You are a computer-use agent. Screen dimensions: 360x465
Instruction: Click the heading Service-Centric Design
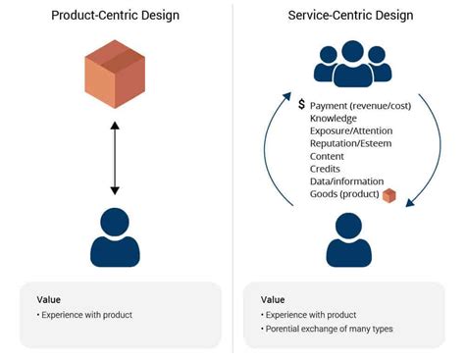(x=350, y=16)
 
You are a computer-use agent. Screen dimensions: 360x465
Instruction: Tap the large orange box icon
(x=114, y=76)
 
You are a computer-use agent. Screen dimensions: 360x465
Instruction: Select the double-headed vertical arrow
(x=115, y=157)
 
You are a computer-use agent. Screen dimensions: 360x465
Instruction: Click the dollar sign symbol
(x=302, y=104)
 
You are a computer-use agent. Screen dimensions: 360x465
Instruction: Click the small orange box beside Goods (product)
(x=389, y=196)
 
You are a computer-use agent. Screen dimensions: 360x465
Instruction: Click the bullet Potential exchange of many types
(x=330, y=328)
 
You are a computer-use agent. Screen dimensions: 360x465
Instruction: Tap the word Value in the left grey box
(x=50, y=299)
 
